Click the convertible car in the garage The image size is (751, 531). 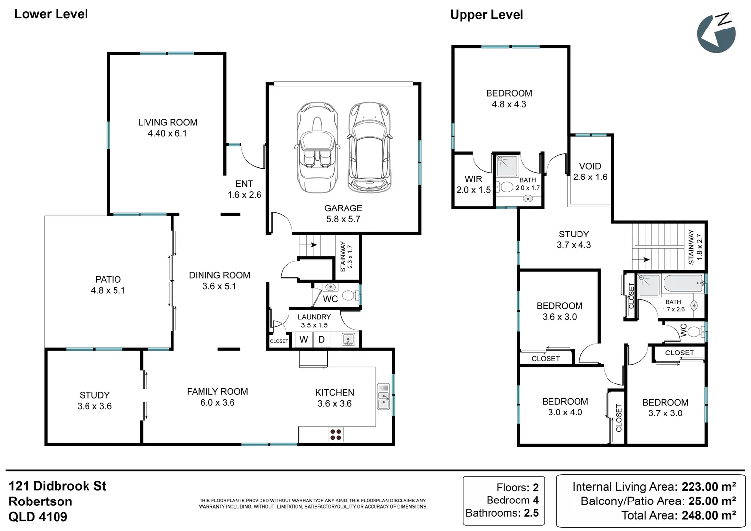[317, 147]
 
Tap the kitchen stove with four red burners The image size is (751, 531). [336, 434]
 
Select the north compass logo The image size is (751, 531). [716, 32]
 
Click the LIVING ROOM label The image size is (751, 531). [168, 122]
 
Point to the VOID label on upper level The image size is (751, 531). [590, 166]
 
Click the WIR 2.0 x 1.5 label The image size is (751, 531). [473, 184]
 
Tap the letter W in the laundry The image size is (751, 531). [304, 339]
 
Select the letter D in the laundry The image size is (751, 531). [321, 339]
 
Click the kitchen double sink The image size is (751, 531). [383, 397]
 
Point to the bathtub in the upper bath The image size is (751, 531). [683, 284]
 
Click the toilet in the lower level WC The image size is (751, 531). [349, 295]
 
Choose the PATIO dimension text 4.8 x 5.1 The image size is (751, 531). [108, 290]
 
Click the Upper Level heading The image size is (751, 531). [487, 15]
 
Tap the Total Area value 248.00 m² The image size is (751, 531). [708, 515]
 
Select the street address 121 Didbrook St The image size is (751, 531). [58, 486]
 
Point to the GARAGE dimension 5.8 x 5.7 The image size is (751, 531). [343, 219]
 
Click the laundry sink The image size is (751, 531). [348, 339]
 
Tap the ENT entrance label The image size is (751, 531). [244, 184]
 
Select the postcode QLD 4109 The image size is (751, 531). [38, 517]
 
